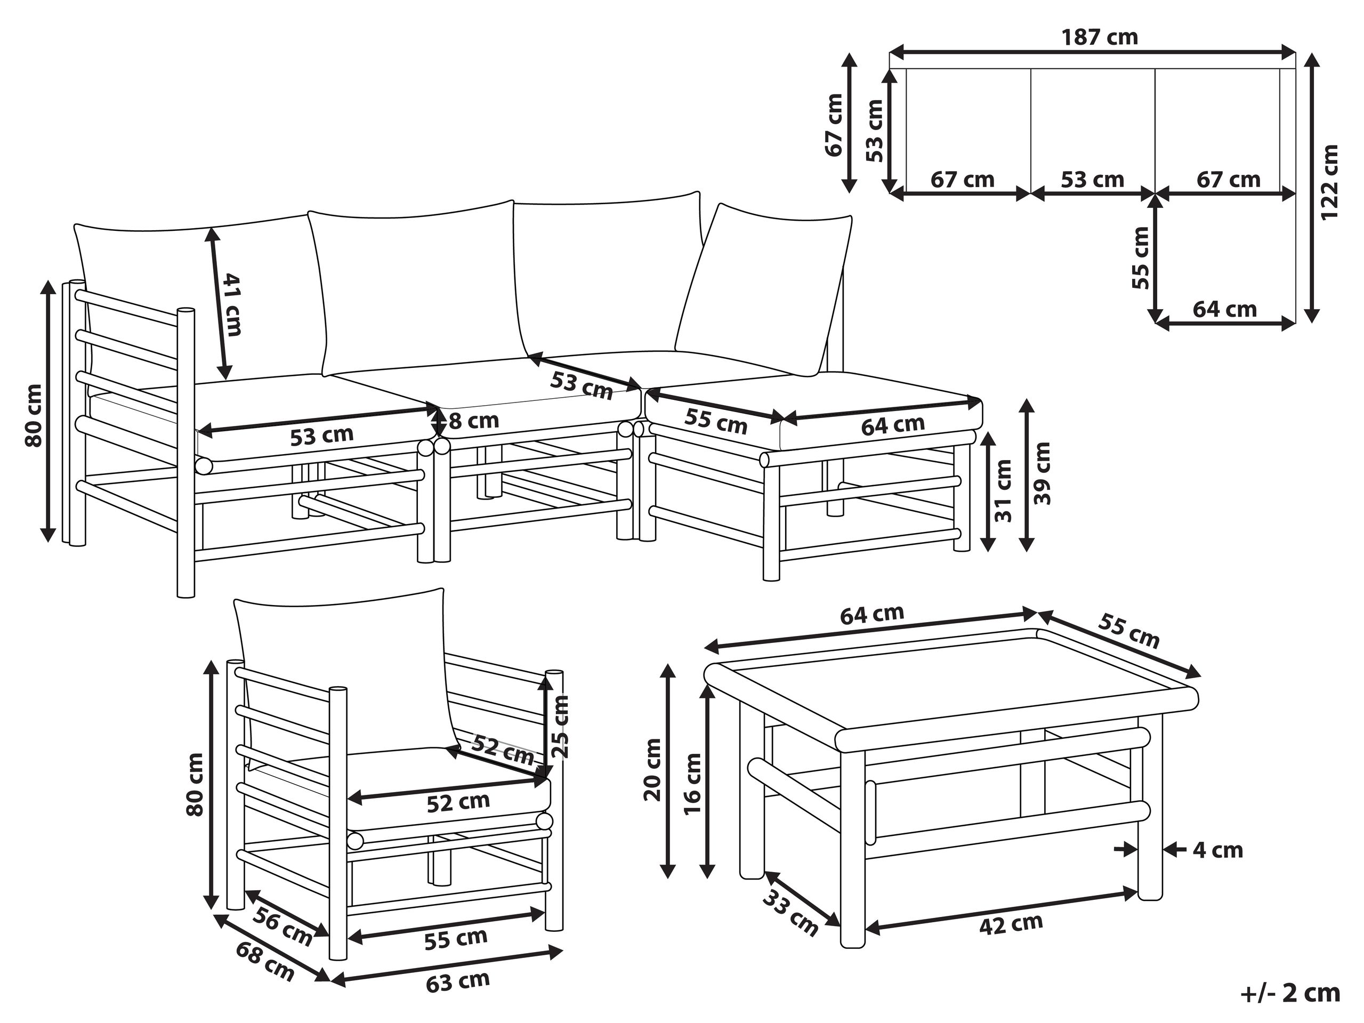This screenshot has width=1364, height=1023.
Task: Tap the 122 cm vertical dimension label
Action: pyautogui.click(x=1329, y=182)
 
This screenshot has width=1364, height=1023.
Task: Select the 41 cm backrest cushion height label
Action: pyautogui.click(x=231, y=304)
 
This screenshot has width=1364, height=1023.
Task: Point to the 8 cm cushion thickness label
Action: pyautogui.click(x=473, y=421)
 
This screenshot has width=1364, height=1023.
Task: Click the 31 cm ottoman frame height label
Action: pyautogui.click(x=1004, y=491)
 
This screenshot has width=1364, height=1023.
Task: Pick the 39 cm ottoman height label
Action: pyautogui.click(x=1042, y=473)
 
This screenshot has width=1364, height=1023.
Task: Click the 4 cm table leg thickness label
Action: pyautogui.click(x=1218, y=850)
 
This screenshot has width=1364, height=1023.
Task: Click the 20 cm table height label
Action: pyautogui.click(x=652, y=770)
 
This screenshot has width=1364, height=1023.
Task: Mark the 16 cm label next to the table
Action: pyautogui.click(x=692, y=784)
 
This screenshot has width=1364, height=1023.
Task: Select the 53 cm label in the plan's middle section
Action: pyautogui.click(x=1092, y=180)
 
